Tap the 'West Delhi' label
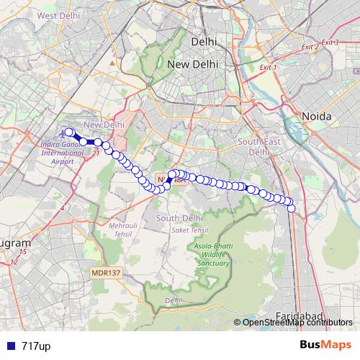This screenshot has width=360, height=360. (57, 15)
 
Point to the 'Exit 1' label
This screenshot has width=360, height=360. (268, 67)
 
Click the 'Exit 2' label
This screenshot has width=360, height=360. (311, 47)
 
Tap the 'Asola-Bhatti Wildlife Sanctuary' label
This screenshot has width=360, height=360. (215, 255)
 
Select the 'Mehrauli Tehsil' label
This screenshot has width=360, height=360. (122, 230)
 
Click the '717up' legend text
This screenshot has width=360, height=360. (35, 346)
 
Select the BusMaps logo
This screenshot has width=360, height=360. (326, 345)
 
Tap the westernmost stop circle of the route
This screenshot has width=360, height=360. (69, 132)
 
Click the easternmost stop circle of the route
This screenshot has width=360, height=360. (292, 208)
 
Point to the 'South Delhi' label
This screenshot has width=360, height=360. (177, 218)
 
